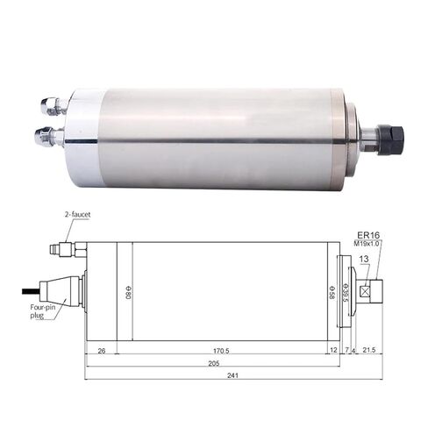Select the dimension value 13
[x=363, y=260]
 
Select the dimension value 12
[x=333, y=351]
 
